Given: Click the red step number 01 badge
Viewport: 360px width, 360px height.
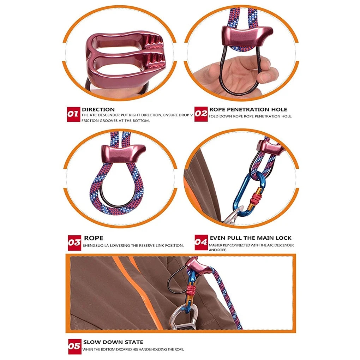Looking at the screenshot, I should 73,114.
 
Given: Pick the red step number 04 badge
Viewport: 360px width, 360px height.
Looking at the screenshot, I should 201,242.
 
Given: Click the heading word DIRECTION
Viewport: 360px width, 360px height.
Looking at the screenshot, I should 98,109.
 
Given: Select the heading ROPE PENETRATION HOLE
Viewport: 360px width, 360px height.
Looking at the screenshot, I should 248,109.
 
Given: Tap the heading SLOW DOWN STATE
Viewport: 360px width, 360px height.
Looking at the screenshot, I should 113,342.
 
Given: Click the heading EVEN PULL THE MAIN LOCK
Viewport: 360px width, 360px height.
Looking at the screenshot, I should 251,238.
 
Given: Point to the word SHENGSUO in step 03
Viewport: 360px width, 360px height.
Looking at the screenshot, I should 92,245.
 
